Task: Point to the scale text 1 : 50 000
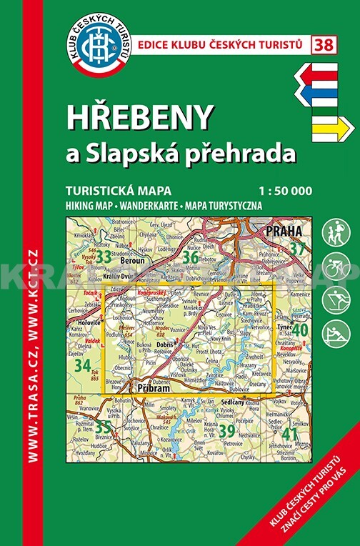(x=286, y=192)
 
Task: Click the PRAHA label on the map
(x=282, y=232)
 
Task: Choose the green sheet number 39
(x=226, y=432)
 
